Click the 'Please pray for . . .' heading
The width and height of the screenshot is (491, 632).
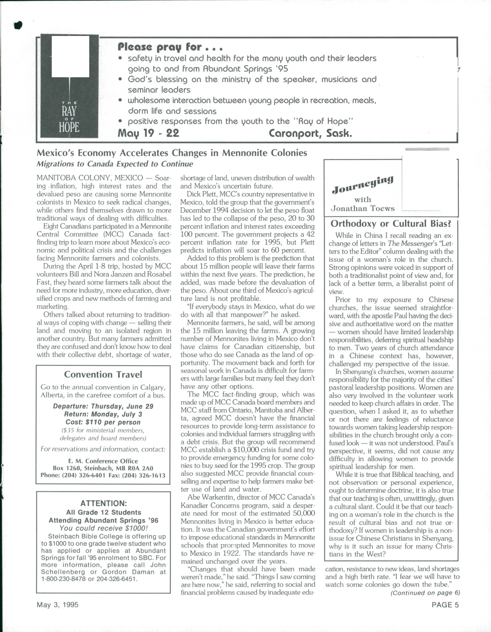(x=170, y=47)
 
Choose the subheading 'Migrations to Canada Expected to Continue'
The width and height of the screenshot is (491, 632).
(x=115, y=164)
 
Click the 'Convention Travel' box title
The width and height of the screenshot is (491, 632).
(x=103, y=375)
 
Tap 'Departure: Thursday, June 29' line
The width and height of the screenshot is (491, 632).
(x=103, y=406)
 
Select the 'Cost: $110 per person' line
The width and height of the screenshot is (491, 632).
(x=103, y=422)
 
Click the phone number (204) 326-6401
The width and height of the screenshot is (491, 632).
(x=84, y=475)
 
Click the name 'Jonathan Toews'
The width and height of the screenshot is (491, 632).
(x=363, y=208)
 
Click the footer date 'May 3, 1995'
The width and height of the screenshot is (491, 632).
(x=58, y=605)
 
